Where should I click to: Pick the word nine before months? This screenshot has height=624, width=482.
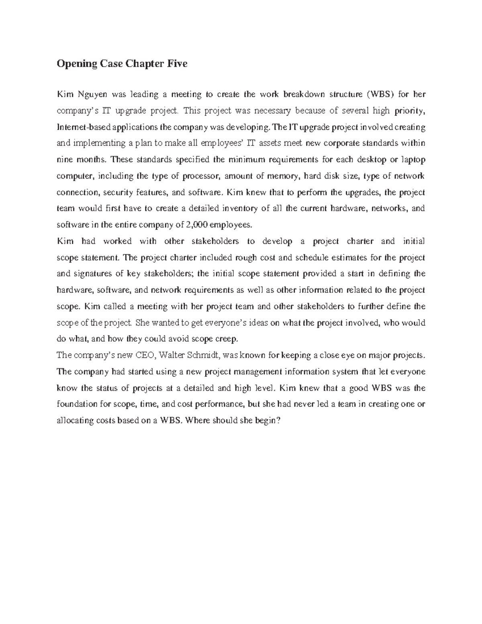tap(65, 160)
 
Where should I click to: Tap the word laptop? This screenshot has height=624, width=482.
tap(413, 160)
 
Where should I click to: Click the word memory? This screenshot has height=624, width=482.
tap(285, 176)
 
